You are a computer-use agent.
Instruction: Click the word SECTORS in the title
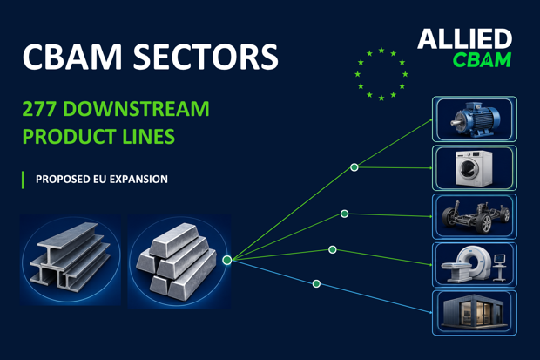click(206, 57)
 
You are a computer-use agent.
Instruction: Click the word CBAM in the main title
click(72, 57)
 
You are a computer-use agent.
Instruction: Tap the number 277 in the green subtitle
click(39, 109)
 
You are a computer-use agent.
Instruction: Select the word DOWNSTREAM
click(136, 109)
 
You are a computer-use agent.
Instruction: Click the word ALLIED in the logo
click(465, 39)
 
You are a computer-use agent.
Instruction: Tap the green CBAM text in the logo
click(482, 60)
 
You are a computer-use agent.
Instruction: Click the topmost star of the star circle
click(381, 51)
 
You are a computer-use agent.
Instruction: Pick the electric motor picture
click(475, 119)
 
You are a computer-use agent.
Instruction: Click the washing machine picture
click(475, 168)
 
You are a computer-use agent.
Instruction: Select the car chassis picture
click(475, 216)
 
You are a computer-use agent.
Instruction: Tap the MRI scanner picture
click(475, 265)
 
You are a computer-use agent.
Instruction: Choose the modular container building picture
click(475, 313)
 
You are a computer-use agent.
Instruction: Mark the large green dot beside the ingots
click(227, 260)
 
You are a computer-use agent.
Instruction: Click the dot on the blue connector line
click(316, 284)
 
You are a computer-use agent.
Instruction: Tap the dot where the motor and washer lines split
click(354, 167)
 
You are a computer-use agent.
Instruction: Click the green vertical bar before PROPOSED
click(23, 180)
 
